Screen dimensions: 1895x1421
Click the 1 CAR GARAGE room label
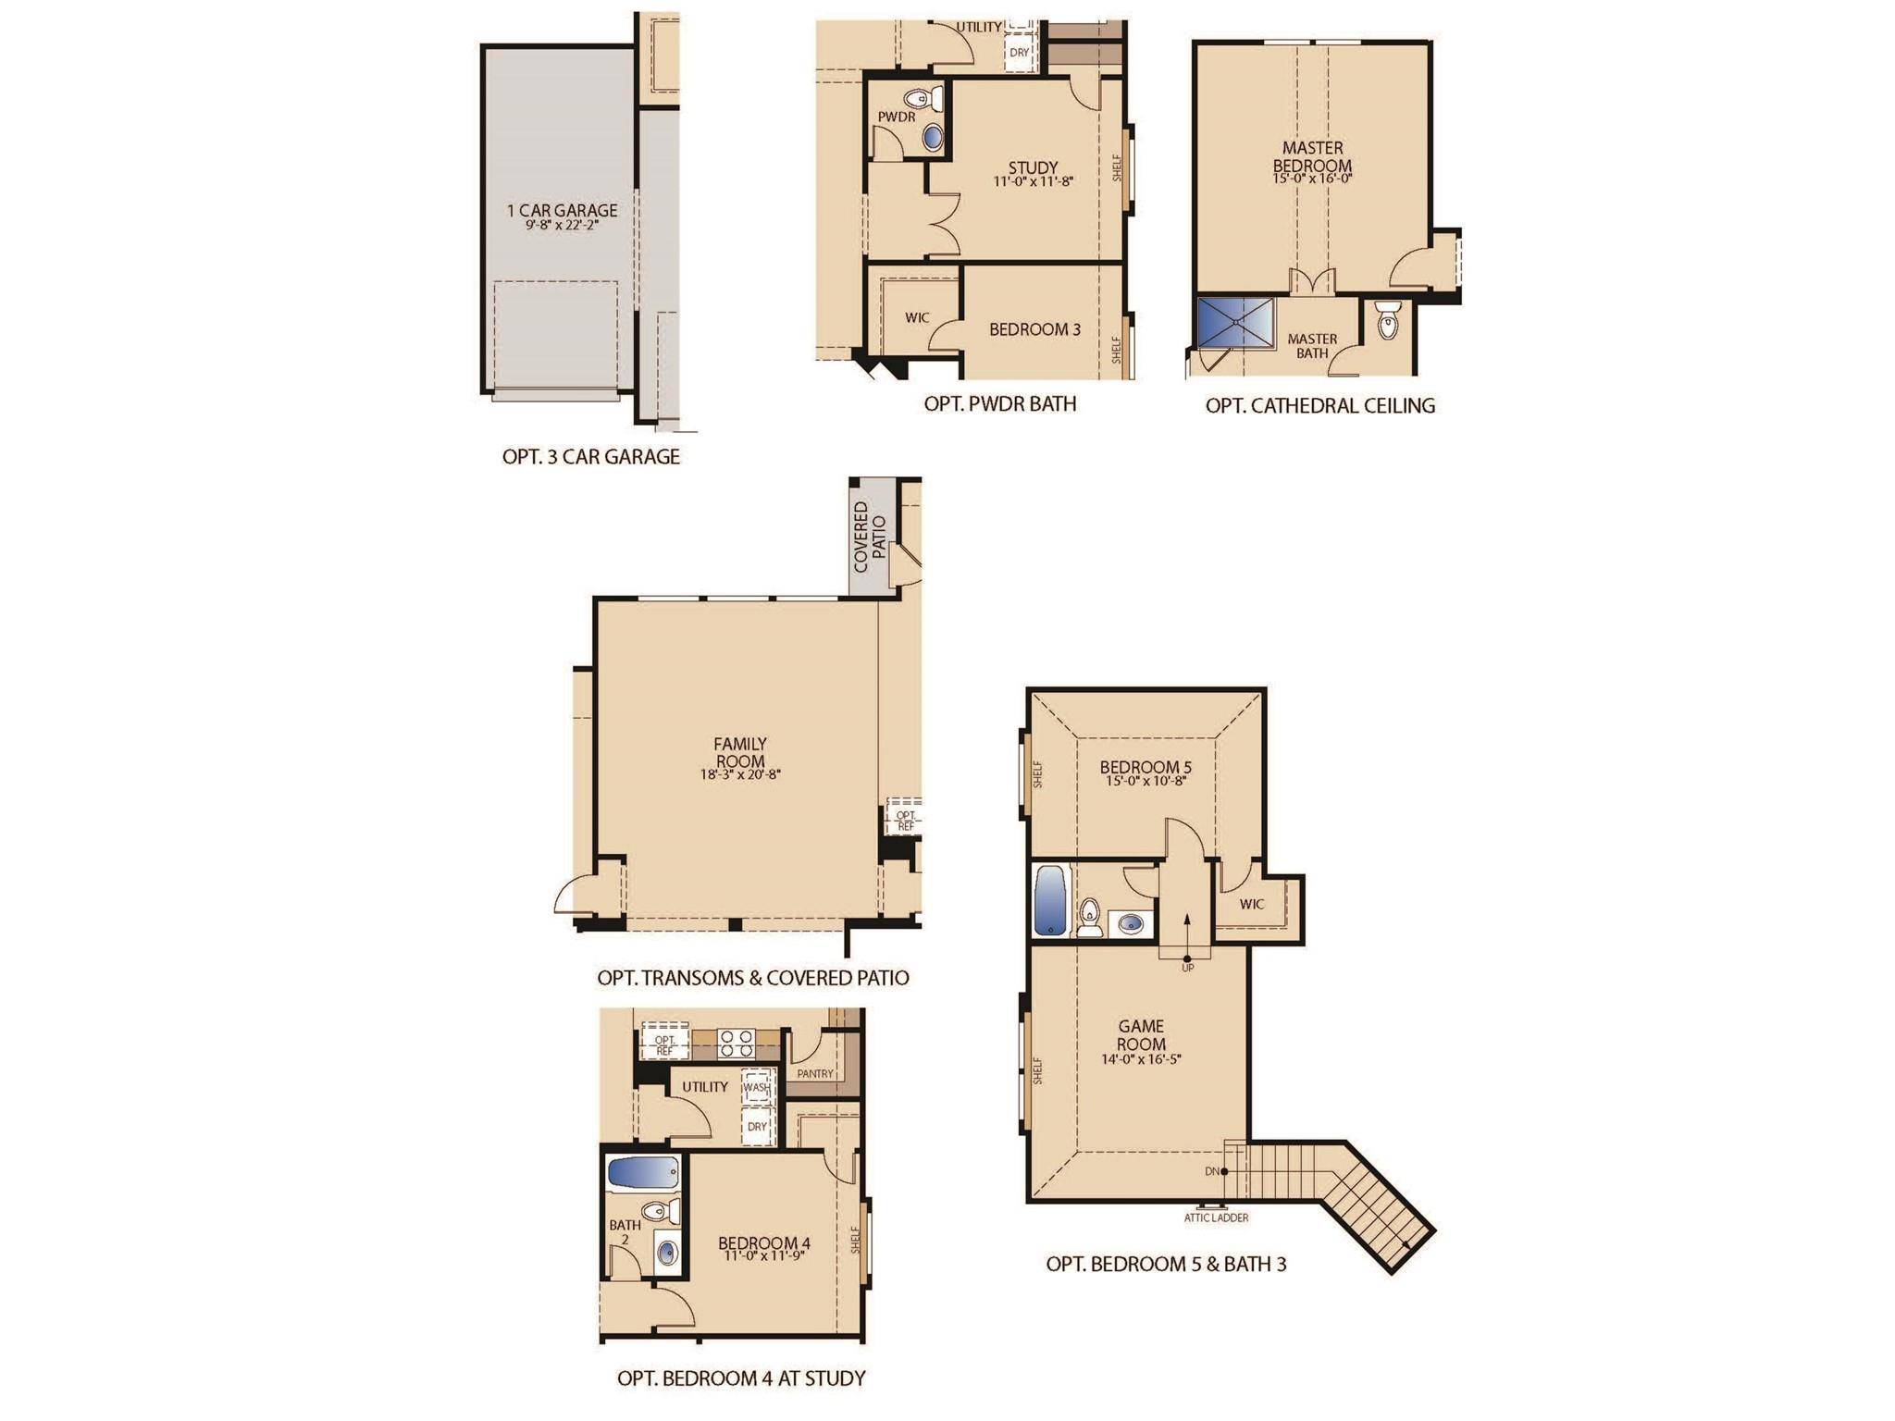click(x=563, y=210)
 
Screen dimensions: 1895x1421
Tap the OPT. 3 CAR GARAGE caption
click(x=591, y=456)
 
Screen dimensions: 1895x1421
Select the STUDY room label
click(x=1033, y=167)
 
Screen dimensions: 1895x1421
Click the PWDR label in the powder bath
click(x=897, y=117)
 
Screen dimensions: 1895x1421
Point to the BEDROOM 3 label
click(x=1034, y=329)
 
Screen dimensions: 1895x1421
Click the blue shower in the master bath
click(x=1235, y=322)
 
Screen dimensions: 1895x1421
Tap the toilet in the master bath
click(x=1388, y=319)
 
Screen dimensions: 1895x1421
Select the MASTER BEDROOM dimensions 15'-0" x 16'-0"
click(x=1312, y=179)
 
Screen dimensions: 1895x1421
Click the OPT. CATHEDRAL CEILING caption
click(x=1320, y=405)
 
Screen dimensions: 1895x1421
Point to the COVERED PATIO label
click(x=870, y=537)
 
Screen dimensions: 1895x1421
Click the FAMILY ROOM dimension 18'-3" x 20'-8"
click(x=740, y=775)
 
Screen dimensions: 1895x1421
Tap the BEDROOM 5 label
click(x=1146, y=767)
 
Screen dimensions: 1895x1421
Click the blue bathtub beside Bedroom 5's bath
click(x=1050, y=901)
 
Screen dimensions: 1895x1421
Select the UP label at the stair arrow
click(x=1188, y=968)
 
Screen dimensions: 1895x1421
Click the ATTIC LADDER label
click(x=1216, y=1217)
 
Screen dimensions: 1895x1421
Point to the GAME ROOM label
click(x=1141, y=1035)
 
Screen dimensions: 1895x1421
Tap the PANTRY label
click(x=815, y=1074)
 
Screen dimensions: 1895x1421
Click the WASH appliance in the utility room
click(x=757, y=1087)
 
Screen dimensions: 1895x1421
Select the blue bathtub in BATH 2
click(x=644, y=1173)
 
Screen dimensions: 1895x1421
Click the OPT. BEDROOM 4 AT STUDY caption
click(x=741, y=1378)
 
